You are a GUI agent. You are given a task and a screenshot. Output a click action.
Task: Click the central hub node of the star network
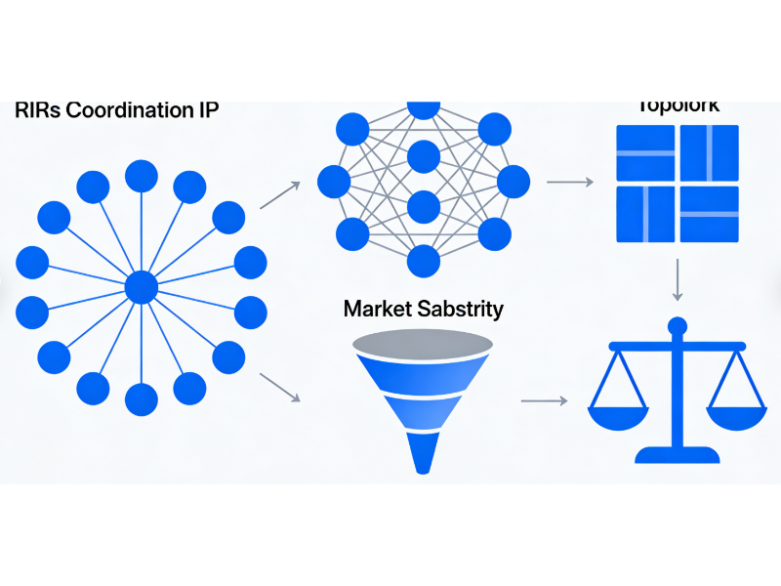[142, 287]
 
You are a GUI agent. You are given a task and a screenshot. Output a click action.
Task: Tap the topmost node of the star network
[142, 177]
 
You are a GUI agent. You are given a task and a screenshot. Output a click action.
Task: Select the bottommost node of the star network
[142, 398]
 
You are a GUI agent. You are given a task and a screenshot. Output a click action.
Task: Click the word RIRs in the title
[37, 109]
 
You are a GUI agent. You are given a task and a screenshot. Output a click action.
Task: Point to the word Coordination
[129, 109]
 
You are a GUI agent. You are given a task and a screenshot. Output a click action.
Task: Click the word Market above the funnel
[376, 309]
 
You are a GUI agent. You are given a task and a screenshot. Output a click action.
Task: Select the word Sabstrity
[459, 309]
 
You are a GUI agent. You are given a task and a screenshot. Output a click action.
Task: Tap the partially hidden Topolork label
[678, 106]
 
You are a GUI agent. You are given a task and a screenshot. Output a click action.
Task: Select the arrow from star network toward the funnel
[281, 386]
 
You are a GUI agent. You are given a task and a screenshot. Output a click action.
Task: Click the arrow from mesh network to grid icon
[570, 182]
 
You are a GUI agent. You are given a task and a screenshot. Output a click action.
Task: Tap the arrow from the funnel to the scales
[544, 400]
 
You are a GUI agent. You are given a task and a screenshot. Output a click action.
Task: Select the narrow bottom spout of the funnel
[423, 453]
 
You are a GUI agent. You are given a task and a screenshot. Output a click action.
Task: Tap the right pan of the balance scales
[737, 415]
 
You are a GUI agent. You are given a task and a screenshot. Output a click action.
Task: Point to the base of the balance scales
[677, 454]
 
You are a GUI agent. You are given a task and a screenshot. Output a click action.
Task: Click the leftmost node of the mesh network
[334, 181]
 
